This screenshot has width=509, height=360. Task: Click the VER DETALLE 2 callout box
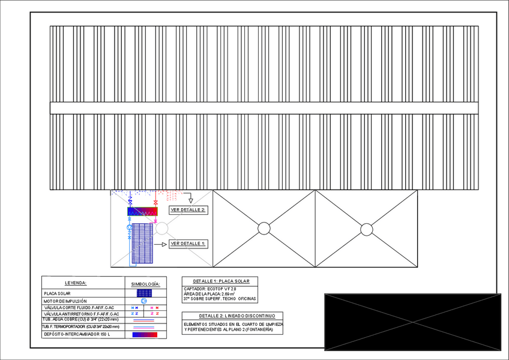(x=188, y=210)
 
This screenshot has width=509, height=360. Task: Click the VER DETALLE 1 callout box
(x=188, y=244)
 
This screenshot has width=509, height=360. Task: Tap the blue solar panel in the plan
(x=143, y=244)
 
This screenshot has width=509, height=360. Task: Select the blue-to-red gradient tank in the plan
(x=142, y=212)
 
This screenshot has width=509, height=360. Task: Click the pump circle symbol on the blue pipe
(x=129, y=229)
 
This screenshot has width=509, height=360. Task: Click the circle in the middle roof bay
(x=264, y=229)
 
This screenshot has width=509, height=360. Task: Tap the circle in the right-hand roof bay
(x=366, y=229)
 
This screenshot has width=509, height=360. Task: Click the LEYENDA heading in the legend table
(x=76, y=283)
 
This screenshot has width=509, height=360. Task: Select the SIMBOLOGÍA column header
(x=144, y=283)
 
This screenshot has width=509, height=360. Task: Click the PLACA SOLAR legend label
(x=58, y=293)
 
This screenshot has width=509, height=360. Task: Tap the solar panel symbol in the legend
(x=144, y=293)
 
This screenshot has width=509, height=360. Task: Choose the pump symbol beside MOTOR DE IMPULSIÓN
(x=144, y=301)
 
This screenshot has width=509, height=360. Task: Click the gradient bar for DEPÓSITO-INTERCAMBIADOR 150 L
(x=144, y=334)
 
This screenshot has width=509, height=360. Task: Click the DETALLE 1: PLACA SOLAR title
(x=220, y=281)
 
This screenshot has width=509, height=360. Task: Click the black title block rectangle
(x=412, y=322)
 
